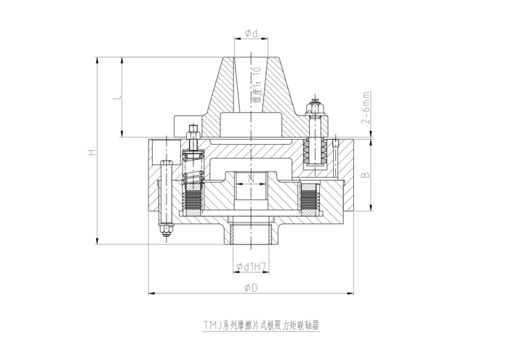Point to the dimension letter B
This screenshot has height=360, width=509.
pos(366,175)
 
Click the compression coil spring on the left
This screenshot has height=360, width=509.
pos(193,169)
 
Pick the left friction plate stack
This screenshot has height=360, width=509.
pos(194,199)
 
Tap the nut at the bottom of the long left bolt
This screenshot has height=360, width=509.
pos(166,233)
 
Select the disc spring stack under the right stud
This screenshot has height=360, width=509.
pos(318,151)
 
